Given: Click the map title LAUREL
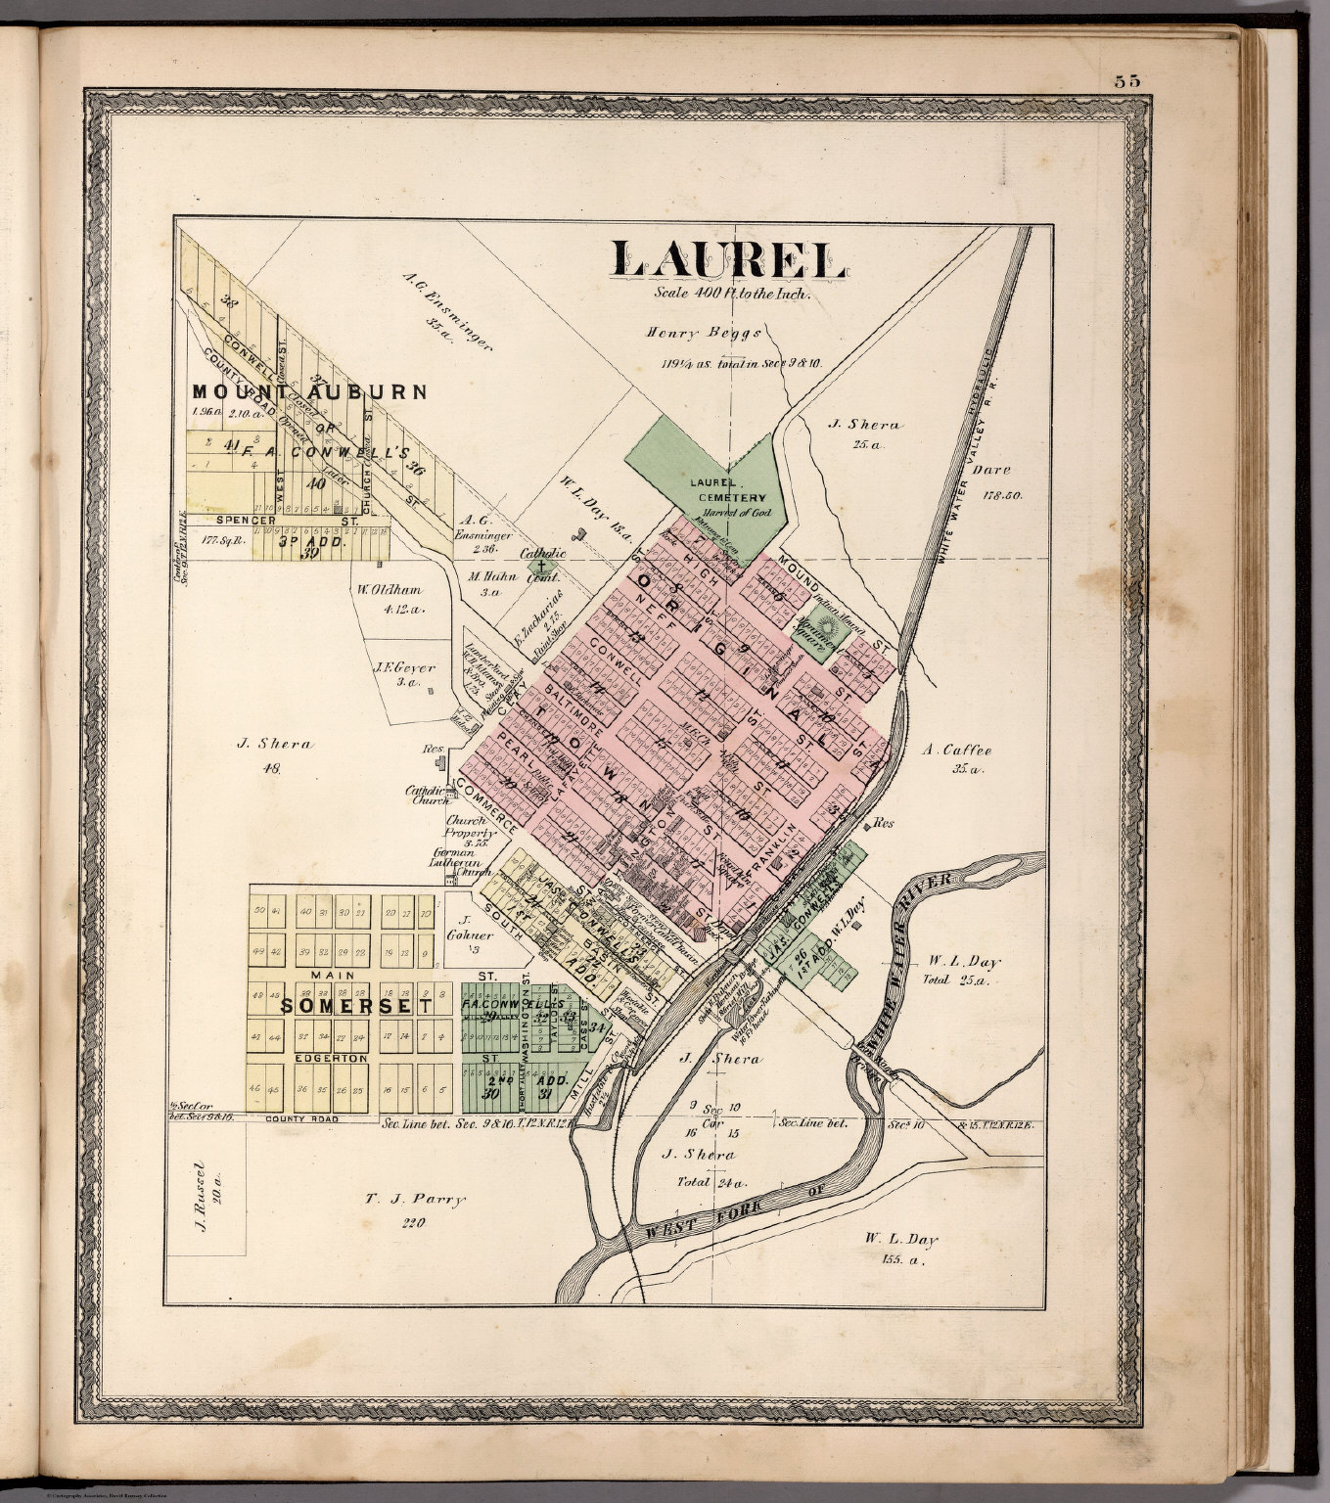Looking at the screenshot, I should [x=728, y=257].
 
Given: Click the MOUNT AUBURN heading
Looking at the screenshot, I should [x=309, y=392].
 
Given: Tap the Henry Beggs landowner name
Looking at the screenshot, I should [x=703, y=333].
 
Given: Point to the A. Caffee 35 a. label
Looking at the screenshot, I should [x=956, y=751].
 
